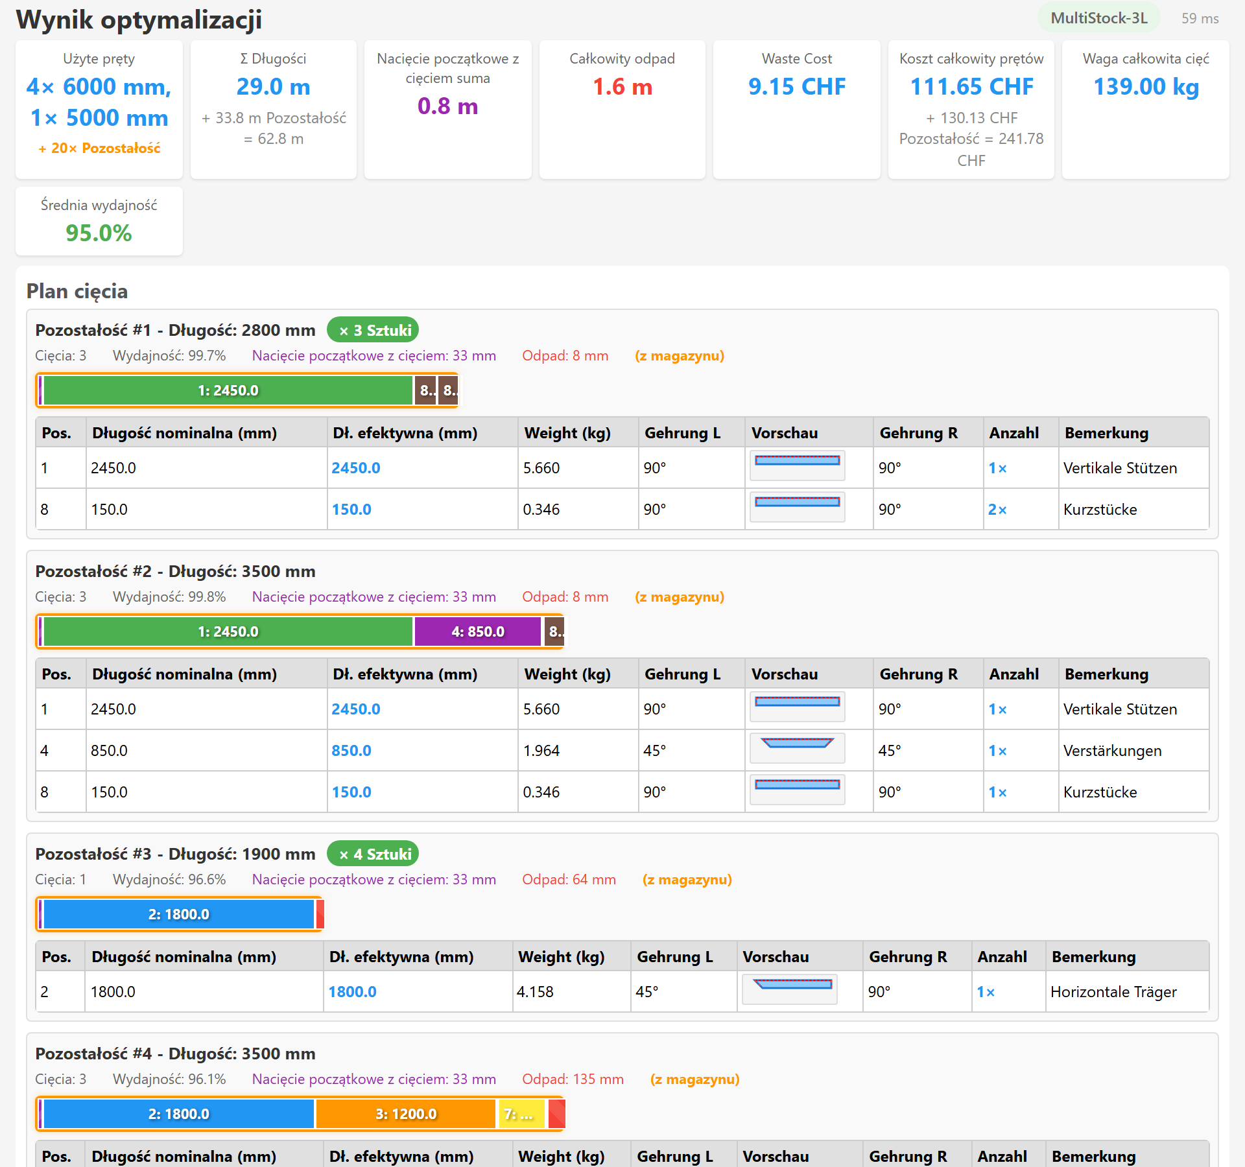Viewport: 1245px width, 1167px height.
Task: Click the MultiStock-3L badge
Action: [x=1099, y=18]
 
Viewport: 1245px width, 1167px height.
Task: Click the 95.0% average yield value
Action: [x=99, y=233]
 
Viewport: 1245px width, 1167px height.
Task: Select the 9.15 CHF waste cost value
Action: [x=797, y=86]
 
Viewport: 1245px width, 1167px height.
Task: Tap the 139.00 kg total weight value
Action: [x=1146, y=86]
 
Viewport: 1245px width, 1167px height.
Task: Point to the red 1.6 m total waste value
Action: [x=622, y=86]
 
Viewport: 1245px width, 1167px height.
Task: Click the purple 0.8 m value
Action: [x=447, y=106]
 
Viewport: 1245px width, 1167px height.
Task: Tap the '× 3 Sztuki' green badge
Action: [x=373, y=330]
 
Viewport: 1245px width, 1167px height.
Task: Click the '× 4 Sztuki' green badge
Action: [x=373, y=854]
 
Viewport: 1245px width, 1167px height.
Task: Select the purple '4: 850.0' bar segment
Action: [x=478, y=631]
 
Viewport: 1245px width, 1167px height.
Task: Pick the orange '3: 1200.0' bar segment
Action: [x=406, y=1114]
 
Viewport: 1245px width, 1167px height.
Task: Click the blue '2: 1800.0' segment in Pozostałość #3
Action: [x=179, y=914]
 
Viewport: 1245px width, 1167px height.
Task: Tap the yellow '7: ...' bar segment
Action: [x=521, y=1114]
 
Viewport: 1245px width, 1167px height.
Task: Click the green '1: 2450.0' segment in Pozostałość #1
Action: [x=228, y=390]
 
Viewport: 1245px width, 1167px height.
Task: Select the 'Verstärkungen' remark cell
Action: [x=1113, y=750]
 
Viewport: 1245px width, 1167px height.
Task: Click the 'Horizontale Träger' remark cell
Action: [x=1113, y=991]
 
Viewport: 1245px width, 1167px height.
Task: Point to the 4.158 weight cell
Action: [x=535, y=991]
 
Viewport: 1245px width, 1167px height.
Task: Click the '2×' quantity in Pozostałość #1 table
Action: [x=997, y=509]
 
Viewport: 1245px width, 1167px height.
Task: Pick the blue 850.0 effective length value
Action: [x=351, y=750]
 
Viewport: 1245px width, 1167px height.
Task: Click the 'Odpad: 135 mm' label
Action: [x=573, y=1079]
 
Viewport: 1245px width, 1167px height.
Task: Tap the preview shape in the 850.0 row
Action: [x=797, y=743]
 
